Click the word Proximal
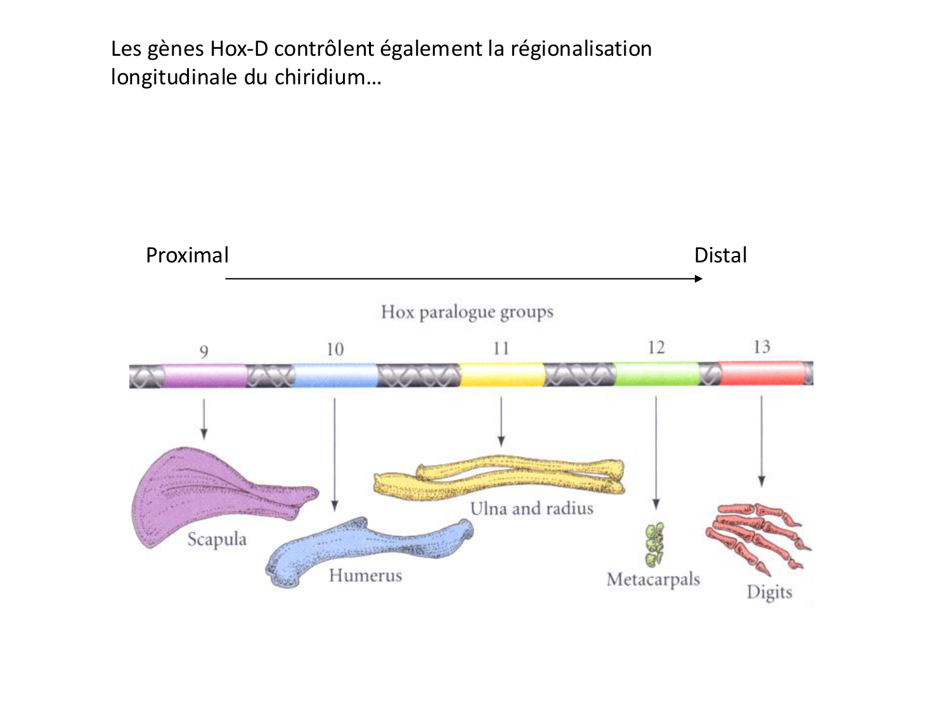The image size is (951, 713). pyautogui.click(x=187, y=255)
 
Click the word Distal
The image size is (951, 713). pyautogui.click(x=720, y=255)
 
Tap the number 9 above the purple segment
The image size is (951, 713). pyautogui.click(x=204, y=351)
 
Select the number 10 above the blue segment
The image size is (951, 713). pyautogui.click(x=335, y=349)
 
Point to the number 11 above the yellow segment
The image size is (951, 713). pyautogui.click(x=501, y=349)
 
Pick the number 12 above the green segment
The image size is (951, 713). pyautogui.click(x=656, y=347)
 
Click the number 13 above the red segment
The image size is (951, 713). pyautogui.click(x=761, y=347)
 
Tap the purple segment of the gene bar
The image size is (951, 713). pyautogui.click(x=204, y=375)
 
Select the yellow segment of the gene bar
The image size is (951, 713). pyautogui.click(x=501, y=375)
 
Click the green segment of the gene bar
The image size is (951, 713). pyautogui.click(x=656, y=374)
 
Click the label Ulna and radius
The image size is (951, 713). pyautogui.click(x=531, y=508)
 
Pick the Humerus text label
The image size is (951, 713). pyautogui.click(x=365, y=575)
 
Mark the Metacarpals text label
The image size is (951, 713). pyautogui.click(x=653, y=579)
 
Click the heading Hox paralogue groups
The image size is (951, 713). pyautogui.click(x=467, y=312)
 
